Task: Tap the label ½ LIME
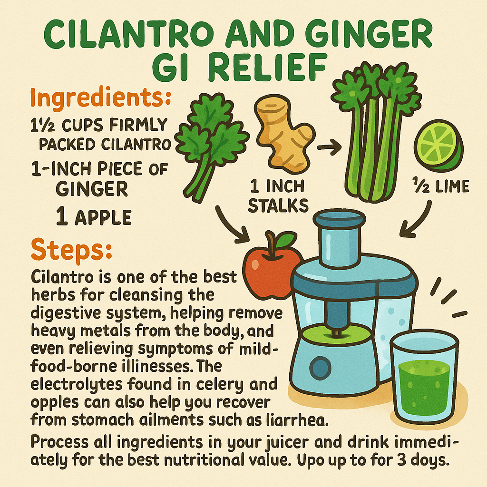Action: (x=440, y=186)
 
